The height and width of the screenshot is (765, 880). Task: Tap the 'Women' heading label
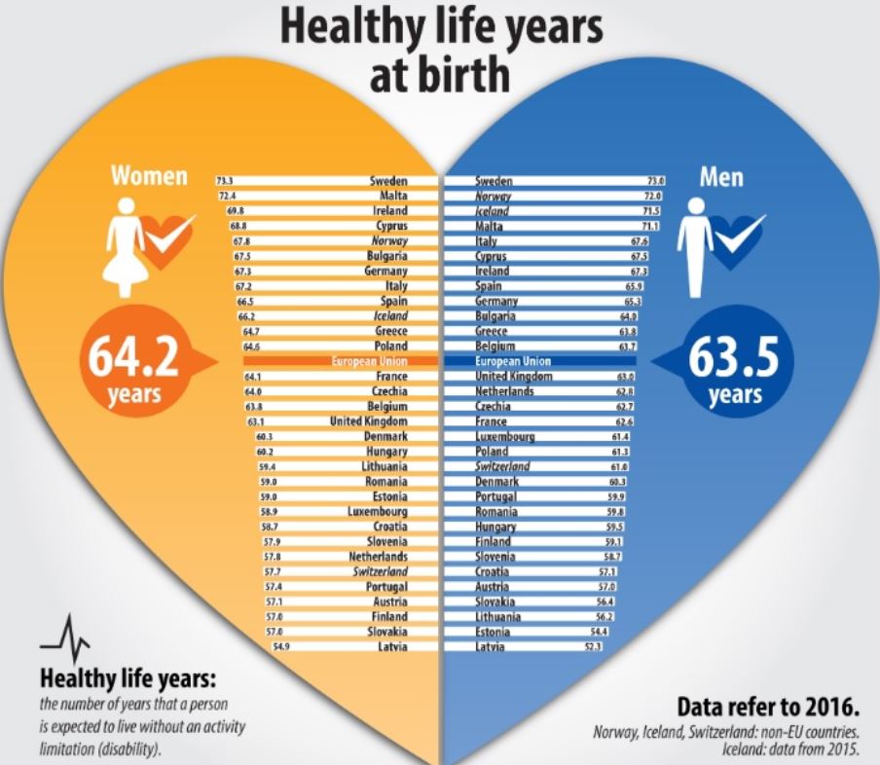click(148, 177)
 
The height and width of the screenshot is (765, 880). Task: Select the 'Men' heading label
click(721, 177)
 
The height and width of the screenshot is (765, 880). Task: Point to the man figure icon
click(694, 246)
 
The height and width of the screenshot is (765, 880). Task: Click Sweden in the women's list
click(387, 181)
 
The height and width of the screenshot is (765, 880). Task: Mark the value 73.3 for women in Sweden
click(225, 181)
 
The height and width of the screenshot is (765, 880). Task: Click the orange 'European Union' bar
click(341, 361)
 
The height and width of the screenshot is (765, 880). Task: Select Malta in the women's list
click(391, 196)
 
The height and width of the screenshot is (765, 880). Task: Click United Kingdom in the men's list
click(514, 376)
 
